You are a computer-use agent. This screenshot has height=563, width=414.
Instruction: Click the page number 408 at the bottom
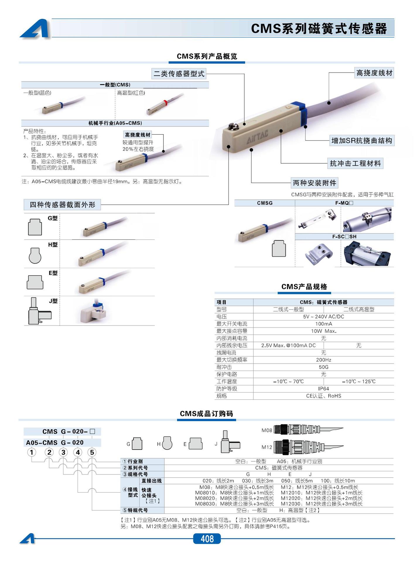(x=207, y=539)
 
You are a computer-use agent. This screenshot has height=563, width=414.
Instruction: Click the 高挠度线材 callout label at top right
(x=374, y=73)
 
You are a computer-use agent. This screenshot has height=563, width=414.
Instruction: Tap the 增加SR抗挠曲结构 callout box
(x=362, y=141)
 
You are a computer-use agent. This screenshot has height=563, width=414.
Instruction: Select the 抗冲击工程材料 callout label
(x=355, y=163)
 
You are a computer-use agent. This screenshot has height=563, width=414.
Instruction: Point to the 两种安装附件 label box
(x=314, y=183)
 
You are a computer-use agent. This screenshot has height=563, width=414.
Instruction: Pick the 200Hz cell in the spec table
(x=324, y=360)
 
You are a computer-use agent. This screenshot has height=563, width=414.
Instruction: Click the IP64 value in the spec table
(x=324, y=389)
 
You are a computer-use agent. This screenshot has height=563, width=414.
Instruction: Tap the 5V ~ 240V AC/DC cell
(x=324, y=317)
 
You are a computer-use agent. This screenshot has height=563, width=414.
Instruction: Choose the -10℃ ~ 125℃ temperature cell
(x=359, y=381)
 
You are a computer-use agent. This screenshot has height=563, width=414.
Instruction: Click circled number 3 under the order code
(x=63, y=452)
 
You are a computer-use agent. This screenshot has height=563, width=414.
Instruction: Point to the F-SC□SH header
(x=344, y=237)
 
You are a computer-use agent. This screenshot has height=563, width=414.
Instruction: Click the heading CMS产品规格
(x=304, y=287)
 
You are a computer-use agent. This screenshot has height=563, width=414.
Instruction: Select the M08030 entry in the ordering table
(x=234, y=504)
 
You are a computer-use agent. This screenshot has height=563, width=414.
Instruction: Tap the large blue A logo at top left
(x=36, y=29)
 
